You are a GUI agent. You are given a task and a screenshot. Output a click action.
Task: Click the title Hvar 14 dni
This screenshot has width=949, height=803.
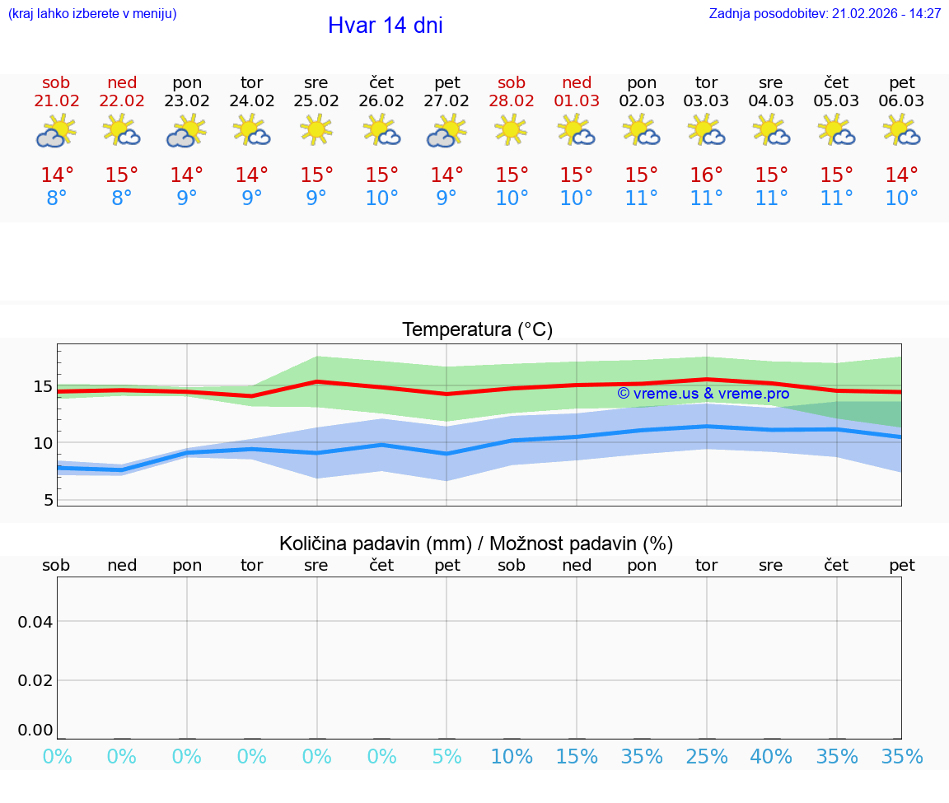[385, 26]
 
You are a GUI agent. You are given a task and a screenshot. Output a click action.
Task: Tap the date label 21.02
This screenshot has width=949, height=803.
[56, 101]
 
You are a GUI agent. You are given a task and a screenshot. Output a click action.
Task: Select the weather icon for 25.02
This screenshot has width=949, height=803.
[316, 130]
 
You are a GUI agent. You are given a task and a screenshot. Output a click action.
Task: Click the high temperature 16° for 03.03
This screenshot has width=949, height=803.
[706, 175]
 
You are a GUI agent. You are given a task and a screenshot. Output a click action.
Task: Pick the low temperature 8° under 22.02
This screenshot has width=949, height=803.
[122, 198]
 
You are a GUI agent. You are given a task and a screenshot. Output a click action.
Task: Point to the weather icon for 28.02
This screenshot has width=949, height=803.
[512, 130]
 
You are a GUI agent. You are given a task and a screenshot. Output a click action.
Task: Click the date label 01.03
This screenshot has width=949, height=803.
[577, 101]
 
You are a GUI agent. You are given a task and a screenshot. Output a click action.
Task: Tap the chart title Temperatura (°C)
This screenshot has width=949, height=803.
[477, 330]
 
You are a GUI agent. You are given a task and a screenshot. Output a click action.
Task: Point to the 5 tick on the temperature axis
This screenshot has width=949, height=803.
[48, 500]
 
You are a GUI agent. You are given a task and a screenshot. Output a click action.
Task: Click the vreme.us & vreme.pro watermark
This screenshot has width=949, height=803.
[703, 394]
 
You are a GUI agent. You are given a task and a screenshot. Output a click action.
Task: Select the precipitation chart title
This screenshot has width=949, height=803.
[476, 544]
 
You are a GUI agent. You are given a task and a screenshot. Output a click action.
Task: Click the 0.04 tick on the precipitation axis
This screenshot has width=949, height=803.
[35, 622]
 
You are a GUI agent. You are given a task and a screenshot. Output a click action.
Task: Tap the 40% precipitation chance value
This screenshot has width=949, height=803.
[771, 756]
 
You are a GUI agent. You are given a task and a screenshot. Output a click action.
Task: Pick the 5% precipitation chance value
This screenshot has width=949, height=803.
[446, 756]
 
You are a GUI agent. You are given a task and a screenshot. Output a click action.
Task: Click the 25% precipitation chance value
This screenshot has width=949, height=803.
[706, 756]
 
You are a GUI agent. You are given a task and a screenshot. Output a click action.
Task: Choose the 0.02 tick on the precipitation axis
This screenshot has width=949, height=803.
[35, 680]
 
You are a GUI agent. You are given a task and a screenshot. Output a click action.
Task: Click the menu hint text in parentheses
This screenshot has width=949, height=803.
[92, 14]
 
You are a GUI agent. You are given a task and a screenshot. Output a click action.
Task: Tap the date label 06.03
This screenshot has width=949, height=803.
[901, 101]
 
